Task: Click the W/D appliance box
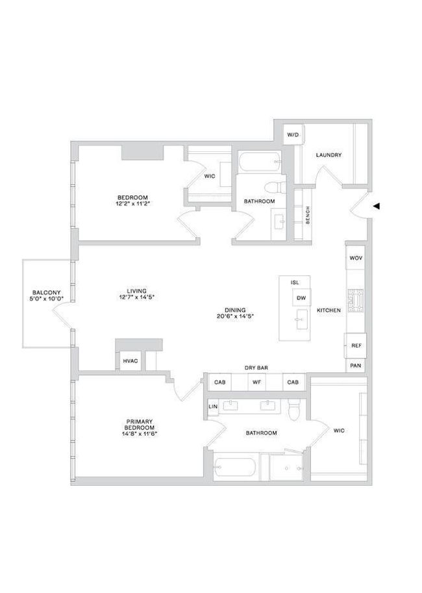point(293,134)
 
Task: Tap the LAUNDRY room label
point(329,155)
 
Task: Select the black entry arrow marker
point(377,206)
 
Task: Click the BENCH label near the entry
point(308,215)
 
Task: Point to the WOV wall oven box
point(356,258)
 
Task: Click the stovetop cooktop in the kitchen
point(356,301)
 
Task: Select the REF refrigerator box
point(355,346)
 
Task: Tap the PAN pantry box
point(356,366)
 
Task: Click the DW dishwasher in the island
point(301,298)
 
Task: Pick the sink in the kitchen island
point(302,319)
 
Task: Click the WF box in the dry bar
point(256,382)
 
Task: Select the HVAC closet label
point(130,360)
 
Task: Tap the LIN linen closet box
point(213,407)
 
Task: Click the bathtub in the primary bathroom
point(235,469)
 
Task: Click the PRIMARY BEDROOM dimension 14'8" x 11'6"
point(140,434)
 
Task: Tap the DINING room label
point(235,310)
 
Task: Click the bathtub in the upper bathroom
point(260,162)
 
